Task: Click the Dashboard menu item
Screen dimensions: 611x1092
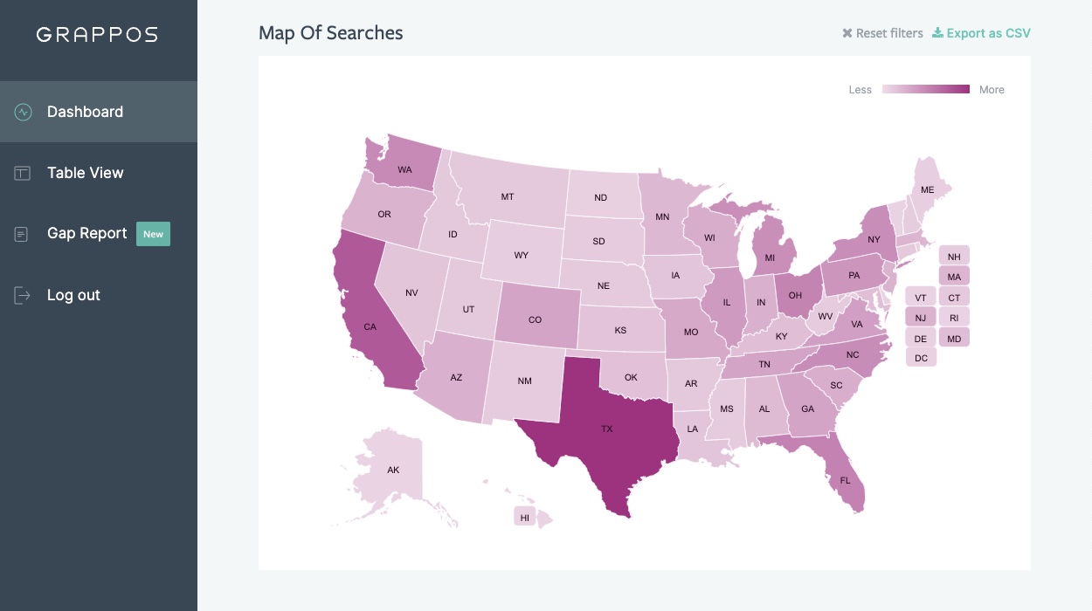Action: tap(85, 112)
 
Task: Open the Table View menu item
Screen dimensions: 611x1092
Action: tap(85, 173)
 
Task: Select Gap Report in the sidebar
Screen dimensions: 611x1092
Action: tap(86, 233)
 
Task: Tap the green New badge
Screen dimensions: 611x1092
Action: tap(153, 234)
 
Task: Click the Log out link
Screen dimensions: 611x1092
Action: tap(73, 295)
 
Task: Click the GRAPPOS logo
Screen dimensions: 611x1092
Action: tap(97, 35)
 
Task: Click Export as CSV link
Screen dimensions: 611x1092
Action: tap(981, 33)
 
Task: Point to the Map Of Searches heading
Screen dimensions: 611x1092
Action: tap(330, 33)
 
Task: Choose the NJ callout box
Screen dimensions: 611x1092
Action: tap(920, 318)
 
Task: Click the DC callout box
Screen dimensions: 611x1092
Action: tap(921, 358)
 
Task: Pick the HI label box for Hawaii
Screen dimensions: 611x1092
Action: tap(524, 517)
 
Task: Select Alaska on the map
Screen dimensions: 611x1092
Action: tap(393, 470)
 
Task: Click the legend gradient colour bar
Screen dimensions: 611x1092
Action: tap(925, 89)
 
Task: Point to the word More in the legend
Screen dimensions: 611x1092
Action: tap(992, 89)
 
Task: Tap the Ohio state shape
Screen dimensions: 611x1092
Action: tap(795, 295)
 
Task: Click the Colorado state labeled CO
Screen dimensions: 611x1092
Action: tap(535, 319)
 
